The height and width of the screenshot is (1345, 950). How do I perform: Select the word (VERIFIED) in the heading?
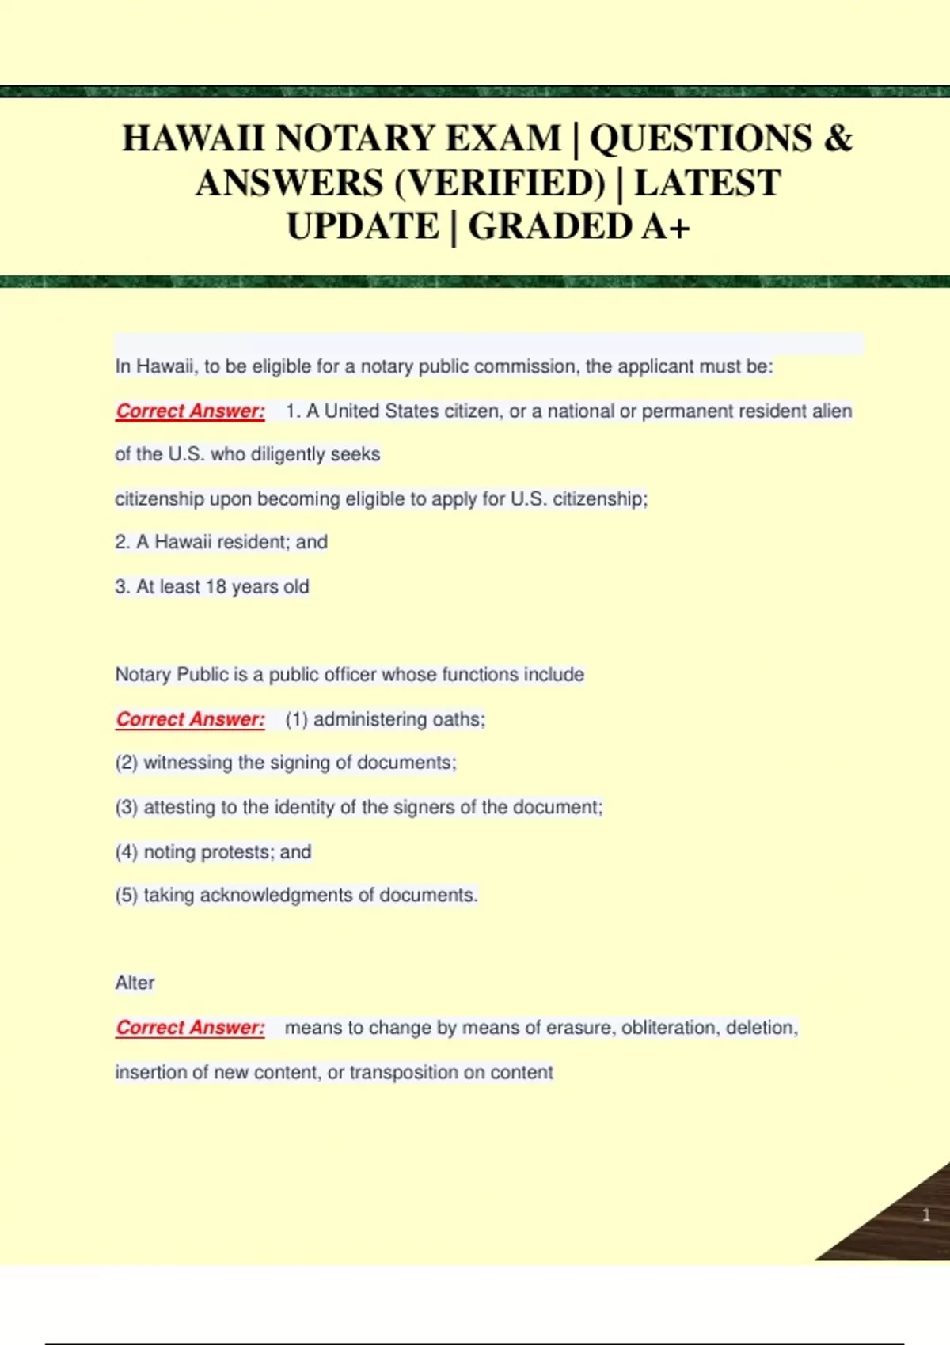tap(499, 183)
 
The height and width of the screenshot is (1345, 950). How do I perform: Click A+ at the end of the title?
tap(667, 227)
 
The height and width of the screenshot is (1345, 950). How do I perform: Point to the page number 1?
tap(926, 1215)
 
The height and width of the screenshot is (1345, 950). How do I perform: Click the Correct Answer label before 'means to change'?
tap(190, 1028)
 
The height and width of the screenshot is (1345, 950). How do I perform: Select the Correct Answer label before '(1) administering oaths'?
tap(190, 719)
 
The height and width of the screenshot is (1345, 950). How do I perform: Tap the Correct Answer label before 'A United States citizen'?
tap(190, 411)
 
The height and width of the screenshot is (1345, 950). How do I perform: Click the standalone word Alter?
tap(135, 983)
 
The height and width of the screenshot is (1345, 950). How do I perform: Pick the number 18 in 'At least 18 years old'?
tap(216, 587)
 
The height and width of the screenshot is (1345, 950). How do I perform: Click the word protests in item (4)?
tap(235, 852)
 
